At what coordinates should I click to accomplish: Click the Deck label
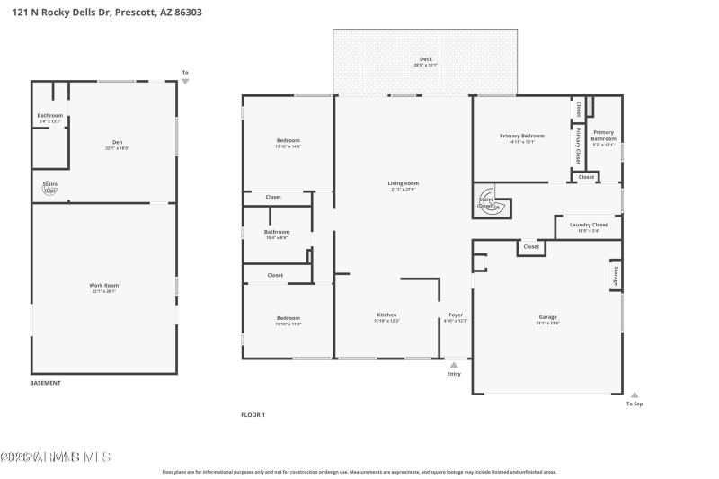coord(425,59)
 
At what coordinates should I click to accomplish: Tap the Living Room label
coord(404,183)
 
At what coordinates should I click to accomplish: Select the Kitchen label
coord(386,315)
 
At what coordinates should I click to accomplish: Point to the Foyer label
coord(456,315)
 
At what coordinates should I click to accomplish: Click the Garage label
coord(547,317)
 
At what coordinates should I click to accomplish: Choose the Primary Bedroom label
coord(521,136)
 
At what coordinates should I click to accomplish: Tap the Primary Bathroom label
coord(603,135)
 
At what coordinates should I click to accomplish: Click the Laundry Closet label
coord(589,225)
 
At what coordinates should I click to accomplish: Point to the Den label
coord(117,142)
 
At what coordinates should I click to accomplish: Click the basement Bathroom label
coord(49,115)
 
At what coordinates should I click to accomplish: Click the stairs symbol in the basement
coord(50,188)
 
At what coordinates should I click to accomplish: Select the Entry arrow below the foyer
coord(454,365)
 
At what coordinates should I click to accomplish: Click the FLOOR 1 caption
coord(253,414)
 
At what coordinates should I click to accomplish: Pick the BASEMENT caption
coord(46,383)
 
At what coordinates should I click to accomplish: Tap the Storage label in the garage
coord(616,276)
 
